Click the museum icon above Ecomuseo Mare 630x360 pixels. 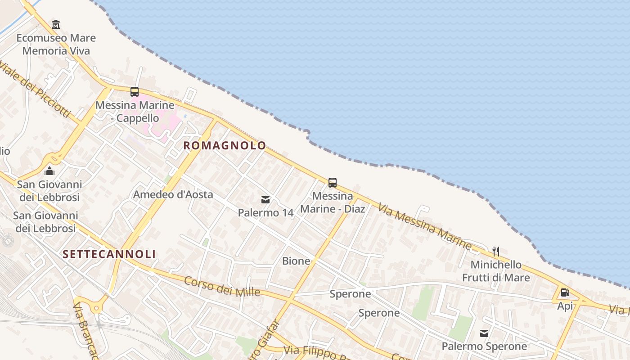pyautogui.click(x=56, y=24)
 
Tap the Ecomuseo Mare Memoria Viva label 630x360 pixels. pyautogui.click(x=56, y=44)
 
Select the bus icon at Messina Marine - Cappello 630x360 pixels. pyautogui.click(x=135, y=92)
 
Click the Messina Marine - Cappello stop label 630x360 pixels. pyautogui.click(x=135, y=112)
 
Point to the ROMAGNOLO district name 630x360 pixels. pyautogui.click(x=225, y=145)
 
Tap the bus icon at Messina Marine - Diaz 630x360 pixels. pyautogui.click(x=333, y=183)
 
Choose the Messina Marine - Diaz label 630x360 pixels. pyautogui.click(x=333, y=202)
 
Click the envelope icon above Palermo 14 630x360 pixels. pyautogui.click(x=265, y=199)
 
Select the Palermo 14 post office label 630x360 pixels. pyautogui.click(x=265, y=212)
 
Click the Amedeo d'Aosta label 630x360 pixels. pyautogui.click(x=173, y=195)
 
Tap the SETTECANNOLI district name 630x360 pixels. pyautogui.click(x=109, y=254)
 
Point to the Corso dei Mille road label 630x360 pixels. pyautogui.click(x=222, y=286)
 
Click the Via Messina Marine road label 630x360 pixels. pyautogui.click(x=425, y=226)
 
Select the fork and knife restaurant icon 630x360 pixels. pyautogui.click(x=496, y=251)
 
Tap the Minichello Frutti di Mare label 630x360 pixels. pyautogui.click(x=496, y=271)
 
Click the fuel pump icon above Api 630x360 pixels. pyautogui.click(x=565, y=292)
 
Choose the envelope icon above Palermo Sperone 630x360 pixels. pyautogui.click(x=484, y=333)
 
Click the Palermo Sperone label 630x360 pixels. pyautogui.click(x=484, y=346)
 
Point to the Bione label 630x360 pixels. pyautogui.click(x=296, y=261)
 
